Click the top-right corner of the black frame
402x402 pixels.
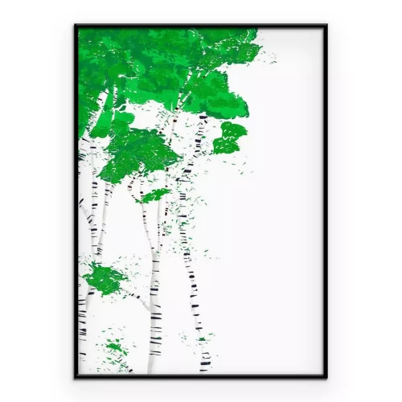(326, 26)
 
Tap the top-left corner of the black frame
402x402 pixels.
(76, 26)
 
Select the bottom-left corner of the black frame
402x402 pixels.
(76, 375)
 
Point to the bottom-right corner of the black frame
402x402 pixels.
(326, 375)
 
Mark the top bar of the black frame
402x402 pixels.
(201, 27)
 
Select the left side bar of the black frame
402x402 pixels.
(76, 201)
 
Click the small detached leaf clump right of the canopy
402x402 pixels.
(231, 137)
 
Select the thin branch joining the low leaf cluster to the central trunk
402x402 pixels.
(137, 296)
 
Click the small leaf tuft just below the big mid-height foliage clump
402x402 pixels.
(156, 194)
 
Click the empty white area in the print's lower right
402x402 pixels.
(265, 306)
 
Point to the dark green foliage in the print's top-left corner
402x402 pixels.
(96, 48)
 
